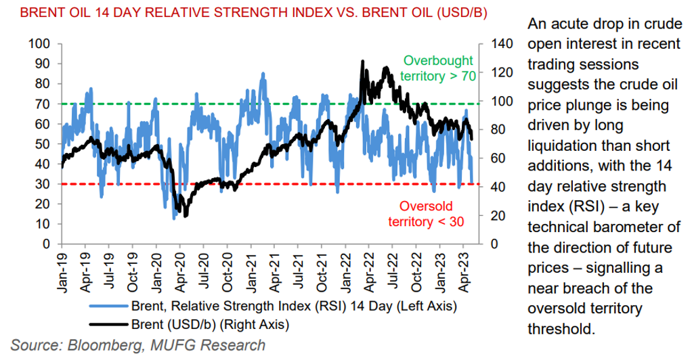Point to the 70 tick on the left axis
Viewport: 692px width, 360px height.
pyautogui.click(x=41, y=104)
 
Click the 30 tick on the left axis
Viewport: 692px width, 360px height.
pyautogui.click(x=41, y=184)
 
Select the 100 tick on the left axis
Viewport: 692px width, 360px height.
pyautogui.click(x=39, y=44)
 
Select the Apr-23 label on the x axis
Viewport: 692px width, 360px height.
pyautogui.click(x=465, y=269)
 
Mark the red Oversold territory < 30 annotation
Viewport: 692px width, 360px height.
pyautogui.click(x=425, y=213)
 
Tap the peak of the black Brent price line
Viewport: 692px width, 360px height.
pyautogui.click(x=363, y=61)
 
